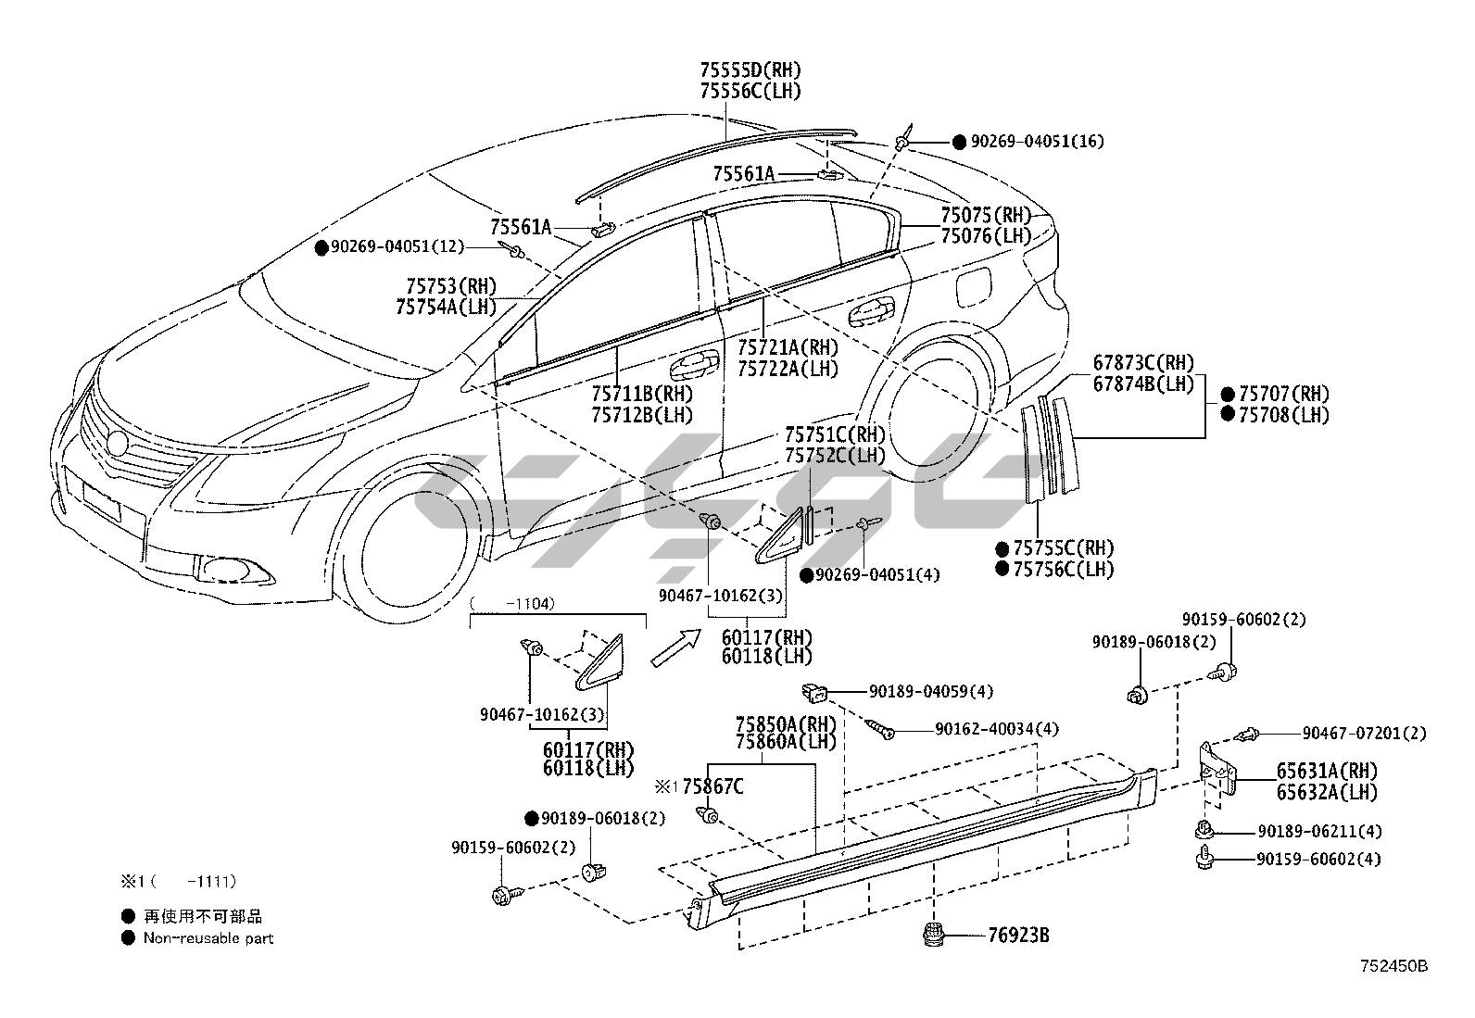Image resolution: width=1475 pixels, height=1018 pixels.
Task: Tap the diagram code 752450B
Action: coord(1393,966)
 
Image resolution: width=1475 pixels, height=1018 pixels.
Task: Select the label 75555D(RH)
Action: coord(750,69)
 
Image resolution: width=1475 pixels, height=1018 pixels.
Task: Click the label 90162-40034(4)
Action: coord(996,729)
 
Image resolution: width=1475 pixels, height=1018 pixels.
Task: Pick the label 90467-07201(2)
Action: coord(1364,734)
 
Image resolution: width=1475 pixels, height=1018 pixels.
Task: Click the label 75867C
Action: coord(712,787)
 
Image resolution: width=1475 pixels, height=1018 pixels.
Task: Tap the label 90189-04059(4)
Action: coord(931,691)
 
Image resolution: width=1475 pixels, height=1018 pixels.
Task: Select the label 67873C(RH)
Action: coord(1143,362)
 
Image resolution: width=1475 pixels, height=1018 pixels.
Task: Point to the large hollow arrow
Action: coord(675,647)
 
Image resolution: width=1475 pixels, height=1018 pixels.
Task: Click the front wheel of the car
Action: coord(408,549)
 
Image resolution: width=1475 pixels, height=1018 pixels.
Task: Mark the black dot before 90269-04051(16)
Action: coord(959,143)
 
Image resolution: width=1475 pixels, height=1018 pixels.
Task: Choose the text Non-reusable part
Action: coord(208,938)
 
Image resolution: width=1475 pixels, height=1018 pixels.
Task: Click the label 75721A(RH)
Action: coord(788,347)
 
